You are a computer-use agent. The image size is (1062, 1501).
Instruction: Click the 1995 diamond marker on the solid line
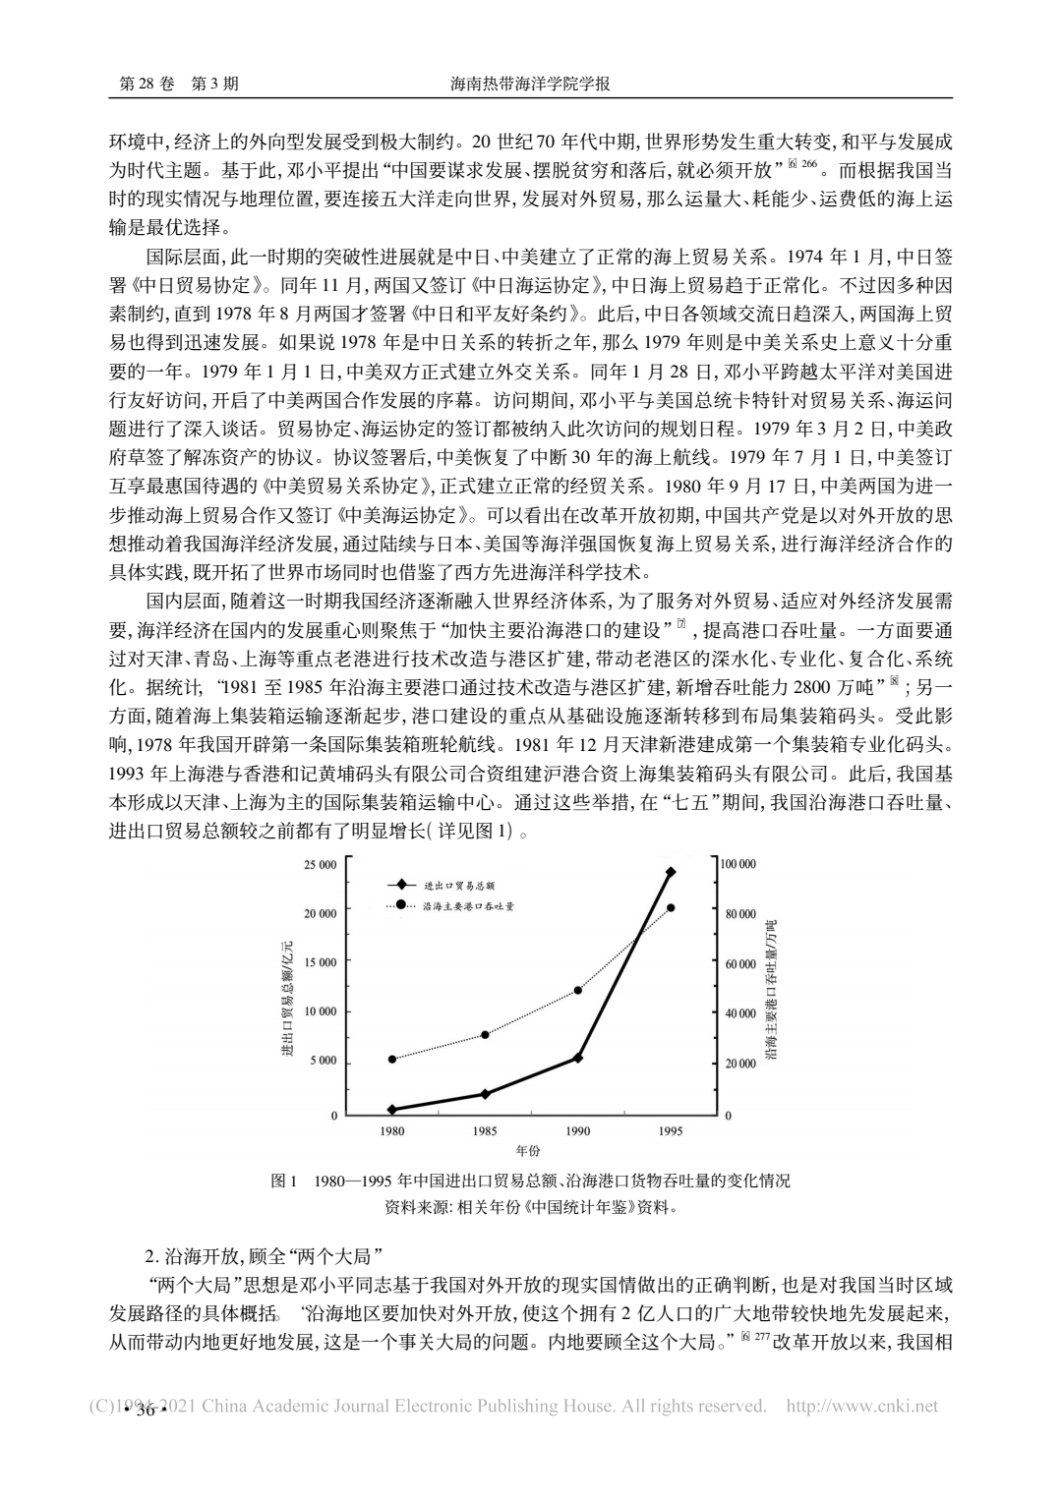(671, 872)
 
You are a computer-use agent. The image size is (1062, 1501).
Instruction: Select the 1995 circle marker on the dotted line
(671, 907)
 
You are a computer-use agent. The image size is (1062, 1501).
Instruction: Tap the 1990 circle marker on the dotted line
(578, 990)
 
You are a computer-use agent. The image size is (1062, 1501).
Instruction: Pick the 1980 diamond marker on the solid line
(392, 1109)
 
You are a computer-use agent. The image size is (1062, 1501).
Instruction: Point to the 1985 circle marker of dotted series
(485, 1034)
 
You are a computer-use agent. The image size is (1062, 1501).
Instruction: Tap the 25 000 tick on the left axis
(321, 864)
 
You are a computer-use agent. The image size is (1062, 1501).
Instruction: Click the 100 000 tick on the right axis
(738, 864)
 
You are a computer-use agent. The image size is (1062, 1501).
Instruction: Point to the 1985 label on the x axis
(485, 1131)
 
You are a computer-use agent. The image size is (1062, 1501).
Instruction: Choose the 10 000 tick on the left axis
(321, 1011)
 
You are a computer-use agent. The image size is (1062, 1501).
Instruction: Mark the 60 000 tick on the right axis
(738, 963)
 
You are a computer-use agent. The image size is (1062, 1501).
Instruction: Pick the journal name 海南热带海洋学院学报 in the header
(530, 85)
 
